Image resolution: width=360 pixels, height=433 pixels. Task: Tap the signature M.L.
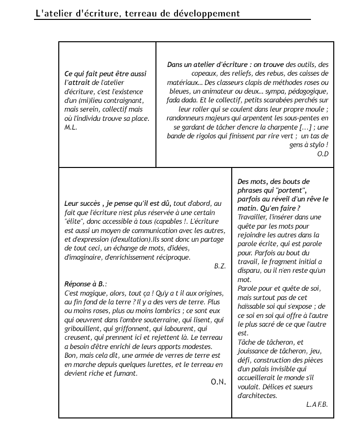71,127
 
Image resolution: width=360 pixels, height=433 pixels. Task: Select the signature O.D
323,154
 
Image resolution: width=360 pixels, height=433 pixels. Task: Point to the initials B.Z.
220,266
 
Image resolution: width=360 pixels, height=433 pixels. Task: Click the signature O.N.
218,382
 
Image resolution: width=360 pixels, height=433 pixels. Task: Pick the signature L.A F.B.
317,404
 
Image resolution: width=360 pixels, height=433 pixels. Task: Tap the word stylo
319,145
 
